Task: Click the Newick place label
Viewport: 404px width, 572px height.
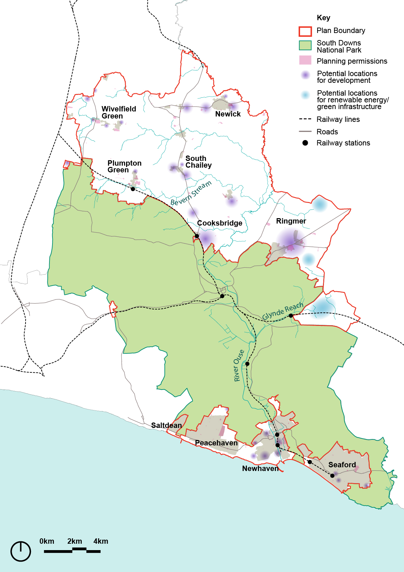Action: tap(228, 114)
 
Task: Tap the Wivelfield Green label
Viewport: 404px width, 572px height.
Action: tap(119, 112)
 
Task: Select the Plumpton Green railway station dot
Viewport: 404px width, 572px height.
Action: tap(133, 189)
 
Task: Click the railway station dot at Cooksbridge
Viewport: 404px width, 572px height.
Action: tap(197, 236)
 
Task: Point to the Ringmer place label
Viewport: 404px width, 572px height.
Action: tap(291, 221)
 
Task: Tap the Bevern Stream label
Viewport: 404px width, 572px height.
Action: tap(191, 194)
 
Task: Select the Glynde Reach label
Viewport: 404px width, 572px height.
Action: tap(283, 311)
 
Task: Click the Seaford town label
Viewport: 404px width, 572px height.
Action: tap(342, 465)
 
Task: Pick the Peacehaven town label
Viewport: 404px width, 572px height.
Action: tap(216, 443)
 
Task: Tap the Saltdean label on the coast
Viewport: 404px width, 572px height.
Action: tap(166, 426)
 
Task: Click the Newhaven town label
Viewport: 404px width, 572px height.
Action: tap(260, 469)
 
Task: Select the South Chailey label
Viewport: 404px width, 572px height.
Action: tap(198, 162)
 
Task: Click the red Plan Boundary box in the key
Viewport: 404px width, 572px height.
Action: tap(305, 31)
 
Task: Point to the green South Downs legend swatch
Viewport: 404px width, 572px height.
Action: tap(305, 45)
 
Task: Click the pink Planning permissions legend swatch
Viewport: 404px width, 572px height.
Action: tap(305, 60)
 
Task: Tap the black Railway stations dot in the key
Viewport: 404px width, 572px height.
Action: tap(305, 143)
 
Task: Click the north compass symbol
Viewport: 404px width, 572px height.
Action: tap(21, 551)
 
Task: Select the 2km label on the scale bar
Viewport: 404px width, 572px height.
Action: tap(74, 541)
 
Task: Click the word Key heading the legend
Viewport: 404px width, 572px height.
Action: tap(323, 18)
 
